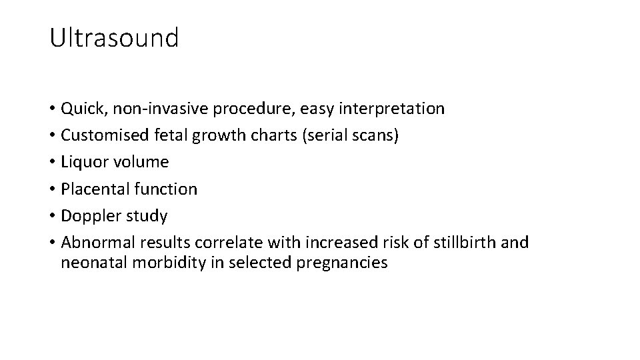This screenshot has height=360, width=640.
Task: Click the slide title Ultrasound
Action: [x=114, y=38]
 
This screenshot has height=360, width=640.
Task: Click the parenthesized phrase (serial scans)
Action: [x=343, y=135]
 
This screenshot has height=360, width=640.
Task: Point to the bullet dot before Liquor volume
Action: [x=52, y=163]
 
